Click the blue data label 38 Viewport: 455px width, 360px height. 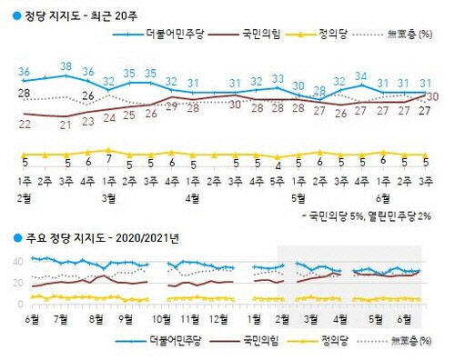[66, 65]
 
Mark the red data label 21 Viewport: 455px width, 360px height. [66, 124]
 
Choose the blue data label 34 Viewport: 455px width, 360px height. [362, 75]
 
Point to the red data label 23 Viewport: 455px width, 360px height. [87, 120]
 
